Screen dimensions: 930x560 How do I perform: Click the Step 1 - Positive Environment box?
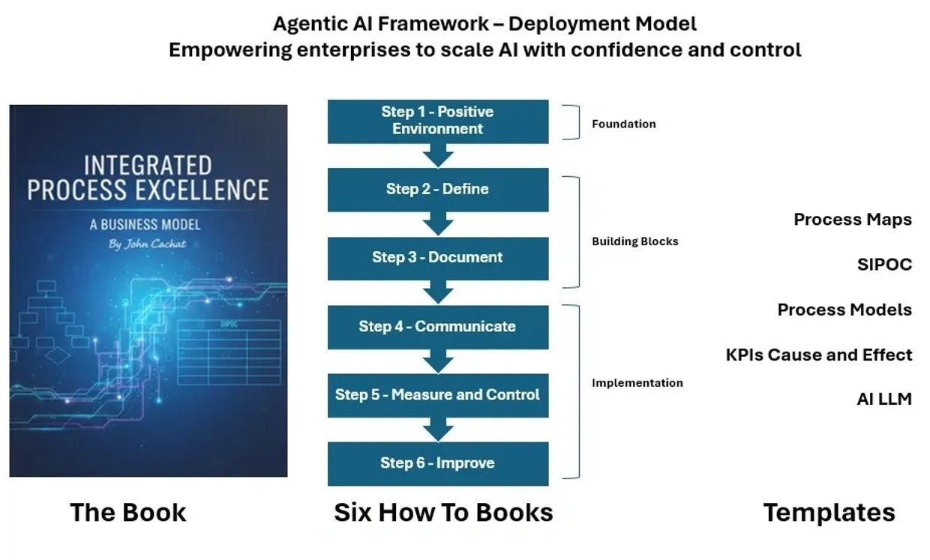(438, 121)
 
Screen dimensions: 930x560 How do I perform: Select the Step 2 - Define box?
(438, 190)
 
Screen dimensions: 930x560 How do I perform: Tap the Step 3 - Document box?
(438, 259)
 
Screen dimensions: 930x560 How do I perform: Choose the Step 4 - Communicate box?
(438, 327)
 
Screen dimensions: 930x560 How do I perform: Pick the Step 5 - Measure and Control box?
(438, 395)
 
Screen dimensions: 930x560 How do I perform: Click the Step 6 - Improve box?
(438, 464)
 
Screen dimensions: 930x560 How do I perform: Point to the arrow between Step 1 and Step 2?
(438, 156)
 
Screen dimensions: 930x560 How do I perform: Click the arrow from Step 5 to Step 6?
(438, 430)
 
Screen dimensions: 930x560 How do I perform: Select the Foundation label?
(623, 124)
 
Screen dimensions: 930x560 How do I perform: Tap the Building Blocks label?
(634, 241)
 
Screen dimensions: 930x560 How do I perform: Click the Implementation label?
(637, 383)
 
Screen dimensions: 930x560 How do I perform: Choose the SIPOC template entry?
(885, 265)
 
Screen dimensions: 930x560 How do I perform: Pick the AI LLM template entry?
(884, 399)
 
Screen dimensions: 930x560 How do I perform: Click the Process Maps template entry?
(853, 220)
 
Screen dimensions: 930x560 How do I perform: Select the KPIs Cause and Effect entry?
(819, 355)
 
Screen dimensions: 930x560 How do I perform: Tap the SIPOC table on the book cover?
(229, 352)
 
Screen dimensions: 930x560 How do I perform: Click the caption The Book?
(127, 512)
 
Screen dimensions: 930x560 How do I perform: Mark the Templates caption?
(829, 514)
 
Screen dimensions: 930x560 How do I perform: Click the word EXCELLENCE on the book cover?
(202, 190)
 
